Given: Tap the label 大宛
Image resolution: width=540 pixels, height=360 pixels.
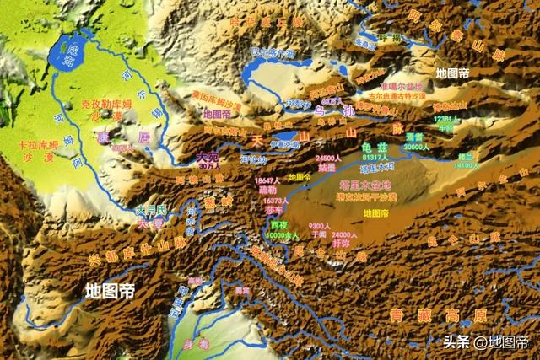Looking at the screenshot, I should tap(208, 156).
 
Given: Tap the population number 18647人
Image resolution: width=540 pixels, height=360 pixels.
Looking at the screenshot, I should tap(267, 181).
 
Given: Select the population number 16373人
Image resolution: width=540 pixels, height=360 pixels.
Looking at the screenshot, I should tap(276, 202).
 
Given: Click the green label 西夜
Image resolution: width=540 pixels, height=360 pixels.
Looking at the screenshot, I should tap(279, 225).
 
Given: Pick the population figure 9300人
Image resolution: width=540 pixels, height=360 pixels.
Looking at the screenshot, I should tap(318, 226).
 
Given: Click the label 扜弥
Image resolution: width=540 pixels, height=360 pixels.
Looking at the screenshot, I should tap(342, 243).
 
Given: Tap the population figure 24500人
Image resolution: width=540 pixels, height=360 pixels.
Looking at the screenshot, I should tap(328, 158).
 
